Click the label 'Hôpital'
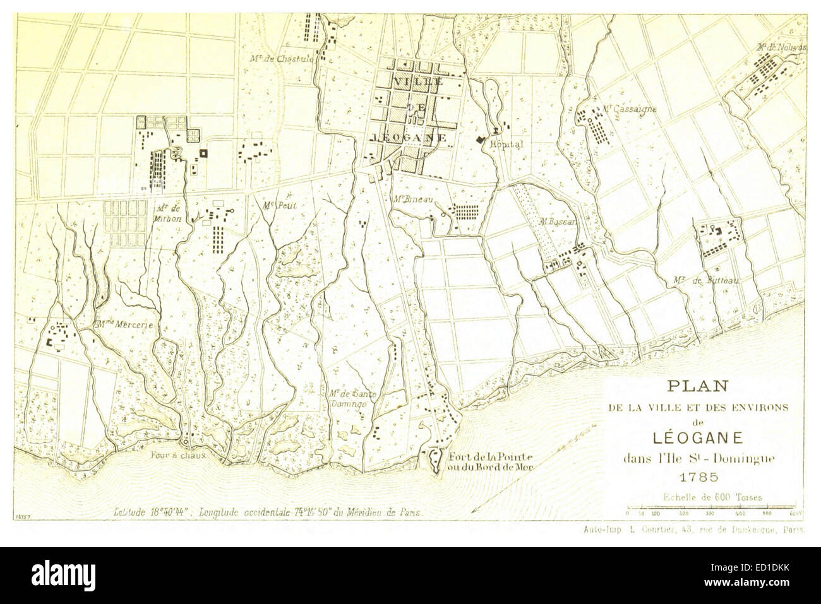coord(506,144)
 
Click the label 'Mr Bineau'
coord(409,199)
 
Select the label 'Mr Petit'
coord(280,204)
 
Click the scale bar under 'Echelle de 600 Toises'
coord(714,507)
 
